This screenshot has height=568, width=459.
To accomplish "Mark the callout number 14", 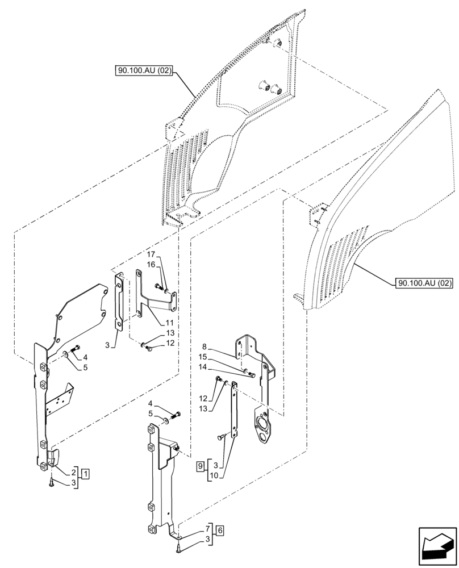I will pos(203,367).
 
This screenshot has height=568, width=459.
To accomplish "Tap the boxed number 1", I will pos(85,473).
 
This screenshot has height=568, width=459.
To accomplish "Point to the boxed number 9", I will pos(201,466).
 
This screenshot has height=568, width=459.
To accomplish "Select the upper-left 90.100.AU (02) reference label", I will pos(144,71).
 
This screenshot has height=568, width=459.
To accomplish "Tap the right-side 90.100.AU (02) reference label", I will pos(422,282).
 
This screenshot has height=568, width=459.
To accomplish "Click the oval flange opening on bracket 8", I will pos(262,429).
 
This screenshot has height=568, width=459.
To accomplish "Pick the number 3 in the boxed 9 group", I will pos(215,466).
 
